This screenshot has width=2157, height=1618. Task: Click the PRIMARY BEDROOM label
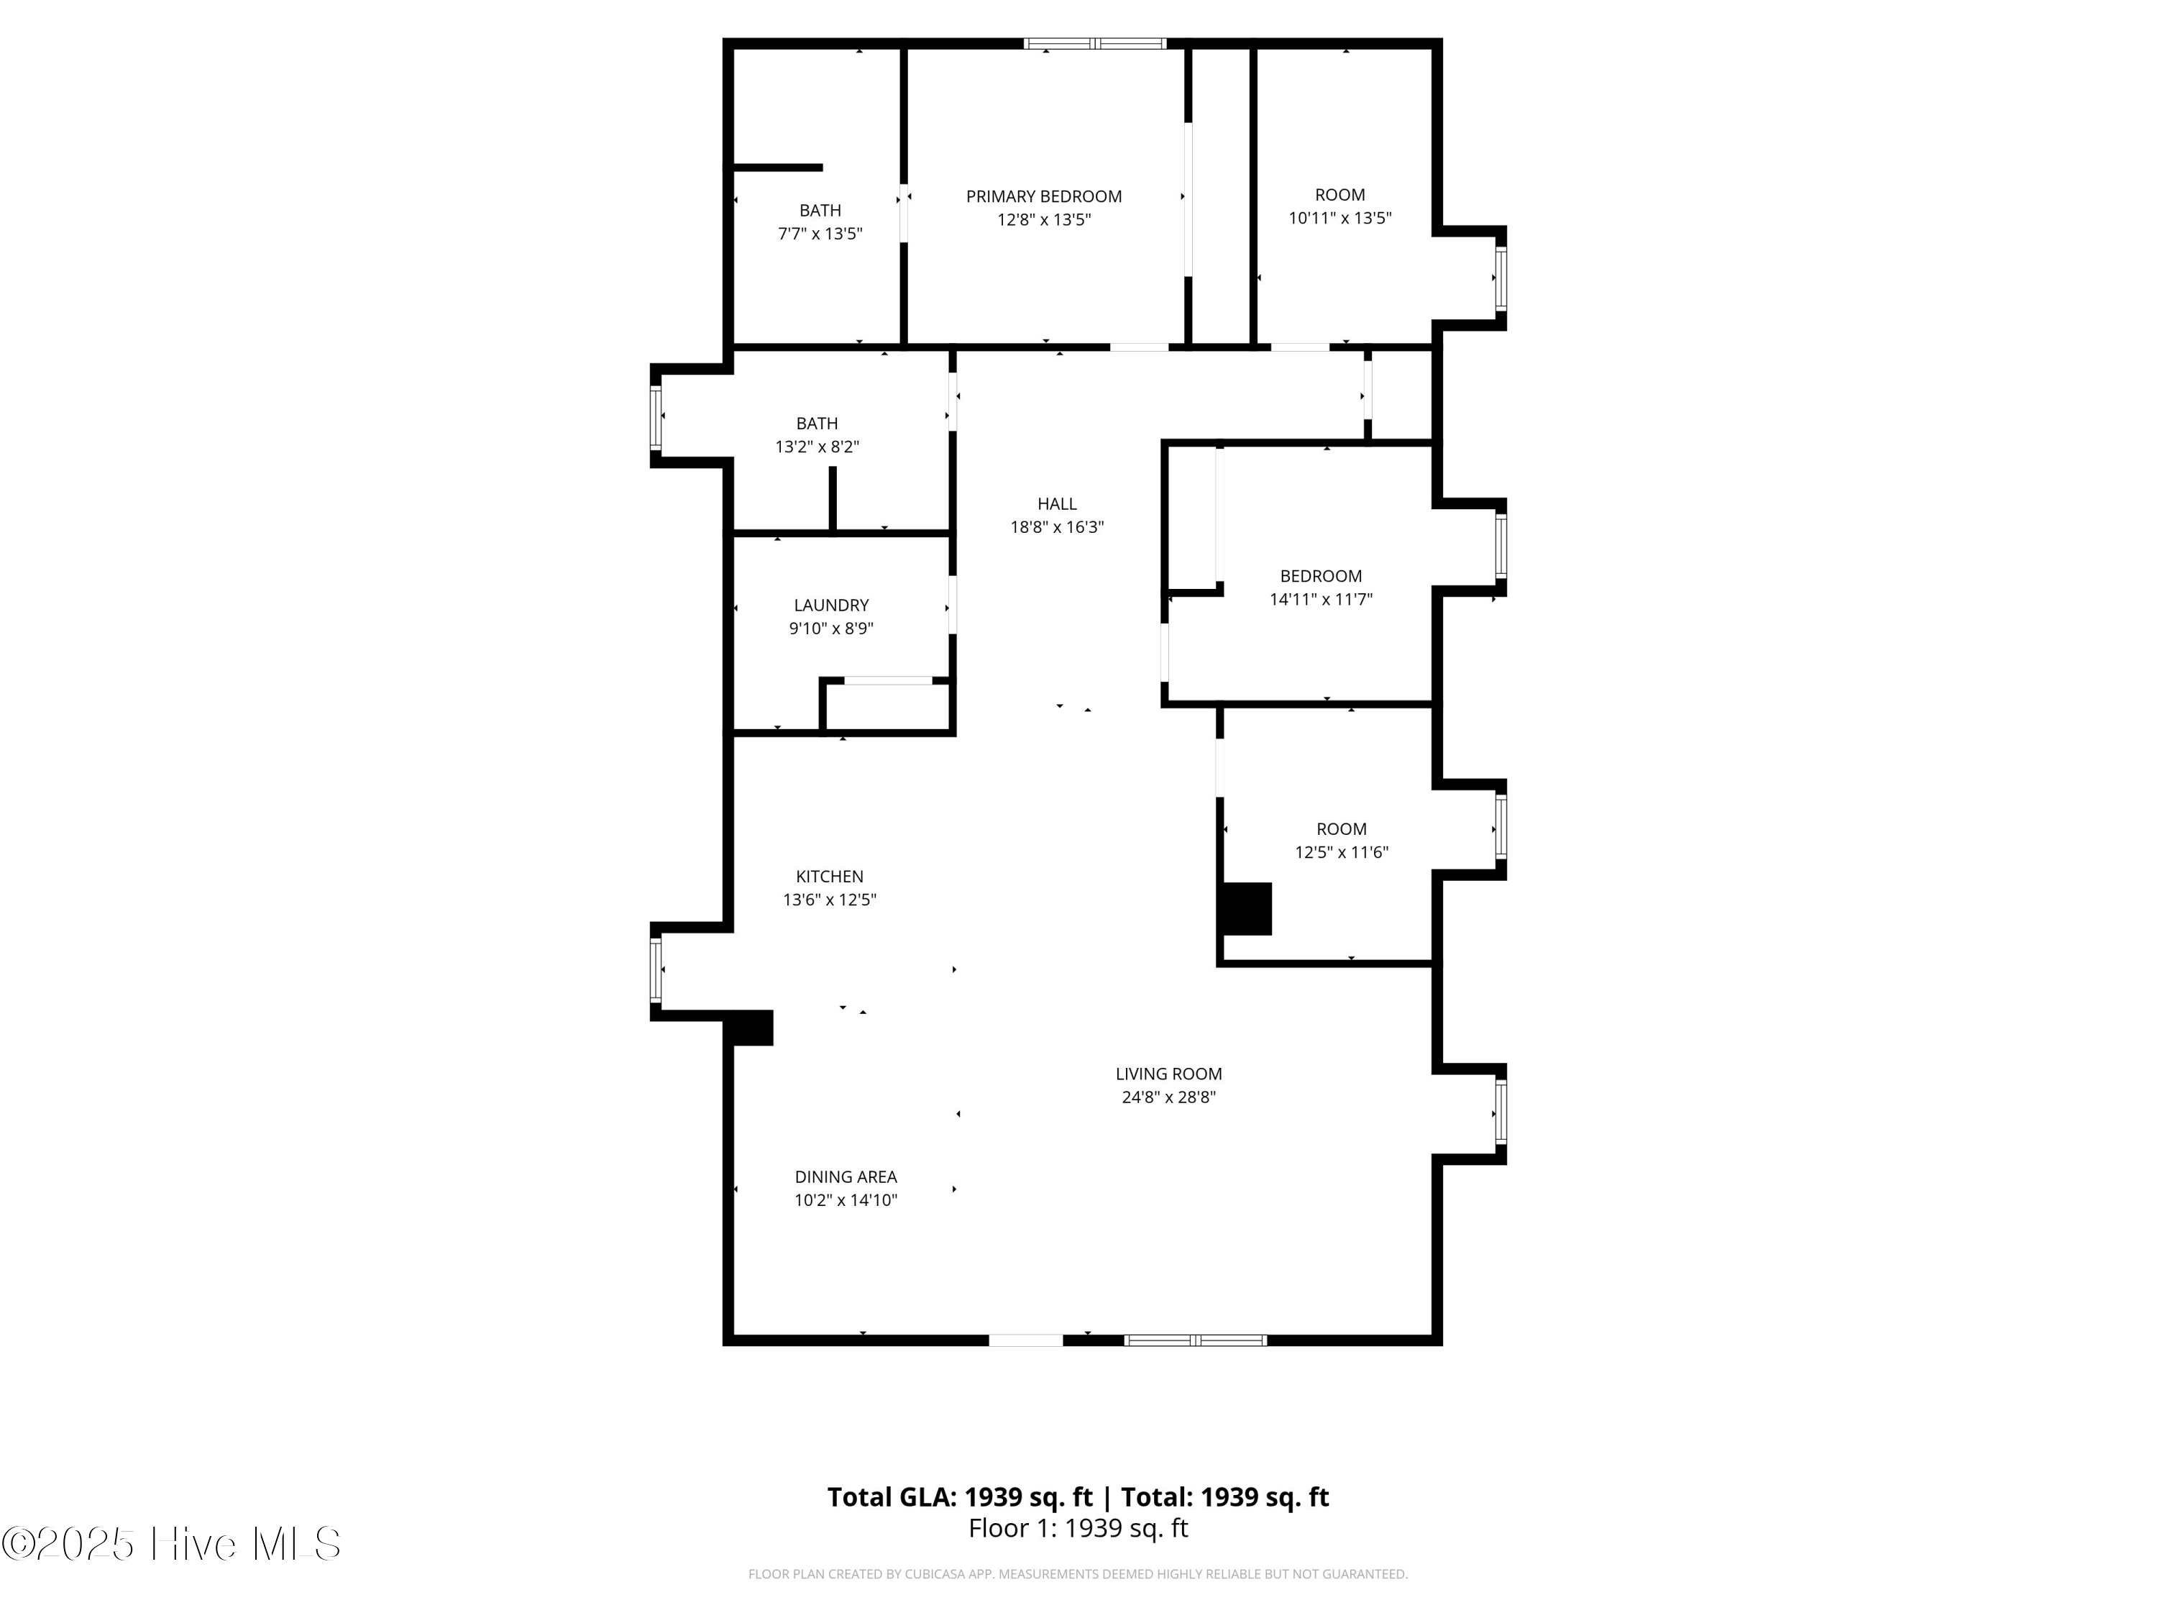point(1043,196)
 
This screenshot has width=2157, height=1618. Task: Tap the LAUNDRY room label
point(831,605)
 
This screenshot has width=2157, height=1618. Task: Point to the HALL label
point(1057,504)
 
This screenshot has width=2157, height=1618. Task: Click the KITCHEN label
point(829,877)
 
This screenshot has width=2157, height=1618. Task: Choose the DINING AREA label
point(846,1177)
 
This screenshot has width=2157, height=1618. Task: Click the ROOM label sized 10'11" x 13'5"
point(1339,195)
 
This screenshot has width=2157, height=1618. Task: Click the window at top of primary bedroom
point(1095,44)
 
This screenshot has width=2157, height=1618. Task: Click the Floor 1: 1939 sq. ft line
point(1078,1528)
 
